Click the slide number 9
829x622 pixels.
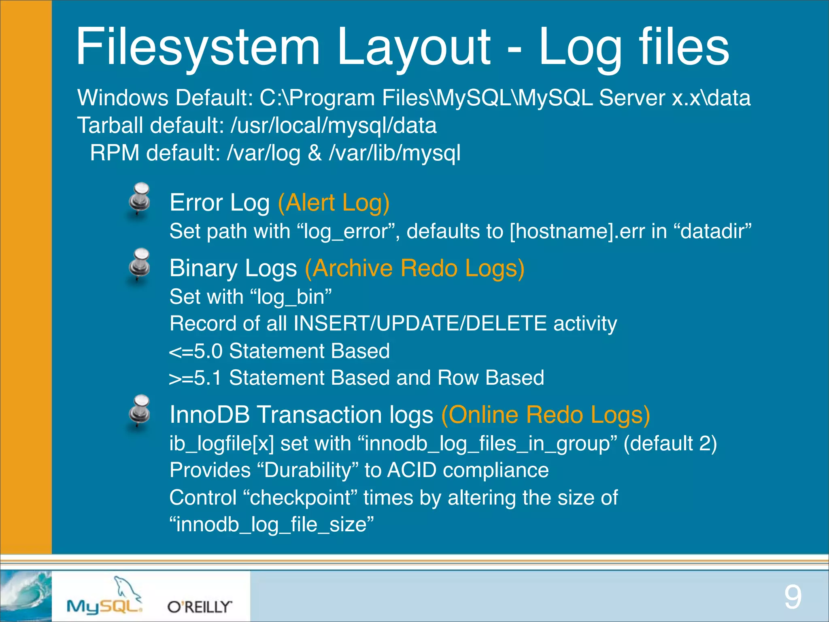coord(792,597)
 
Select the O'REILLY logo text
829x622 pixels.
coord(200,607)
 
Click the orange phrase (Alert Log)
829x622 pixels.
coord(334,202)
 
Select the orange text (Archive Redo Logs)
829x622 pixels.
coord(414,268)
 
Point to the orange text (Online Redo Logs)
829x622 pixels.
coord(545,415)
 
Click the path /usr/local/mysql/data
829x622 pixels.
coord(334,126)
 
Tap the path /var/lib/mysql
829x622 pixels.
coord(395,153)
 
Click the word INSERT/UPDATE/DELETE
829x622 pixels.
coord(420,324)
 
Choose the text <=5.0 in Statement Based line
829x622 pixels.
coord(196,351)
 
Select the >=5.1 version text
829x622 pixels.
coord(196,378)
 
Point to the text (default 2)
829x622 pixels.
coord(670,443)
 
